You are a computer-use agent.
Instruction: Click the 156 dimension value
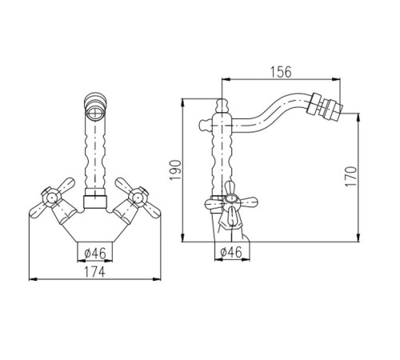[281, 72]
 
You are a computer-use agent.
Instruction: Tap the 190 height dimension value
[175, 170]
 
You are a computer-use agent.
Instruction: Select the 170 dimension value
[350, 177]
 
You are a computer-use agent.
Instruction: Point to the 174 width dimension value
[94, 272]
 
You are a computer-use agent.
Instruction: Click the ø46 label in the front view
[95, 253]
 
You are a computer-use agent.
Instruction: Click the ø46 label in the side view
[231, 252]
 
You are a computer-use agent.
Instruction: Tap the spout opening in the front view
[95, 112]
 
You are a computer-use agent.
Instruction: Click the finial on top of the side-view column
[222, 106]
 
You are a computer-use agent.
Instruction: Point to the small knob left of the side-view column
[205, 125]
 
